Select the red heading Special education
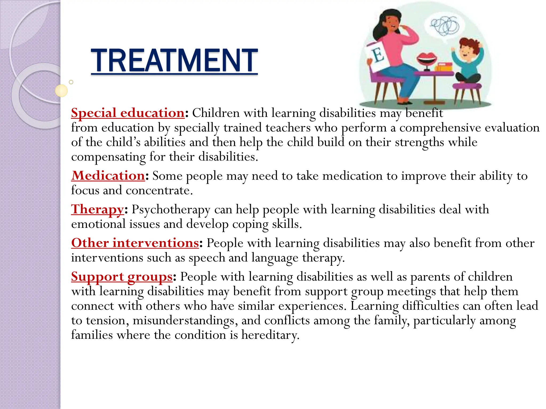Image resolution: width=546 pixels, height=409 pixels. [x=128, y=113]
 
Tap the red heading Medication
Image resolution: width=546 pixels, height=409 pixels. [x=108, y=176]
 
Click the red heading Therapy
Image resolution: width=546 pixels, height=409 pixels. [x=97, y=209]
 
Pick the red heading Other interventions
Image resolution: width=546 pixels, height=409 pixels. [x=135, y=243]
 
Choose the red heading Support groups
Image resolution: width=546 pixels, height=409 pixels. [x=122, y=277]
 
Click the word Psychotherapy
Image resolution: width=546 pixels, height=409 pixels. [x=171, y=210]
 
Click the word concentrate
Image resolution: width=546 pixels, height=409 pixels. [x=159, y=191]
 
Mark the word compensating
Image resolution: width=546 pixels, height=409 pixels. [x=108, y=157]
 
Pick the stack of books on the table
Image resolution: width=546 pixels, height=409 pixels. [x=444, y=67]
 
